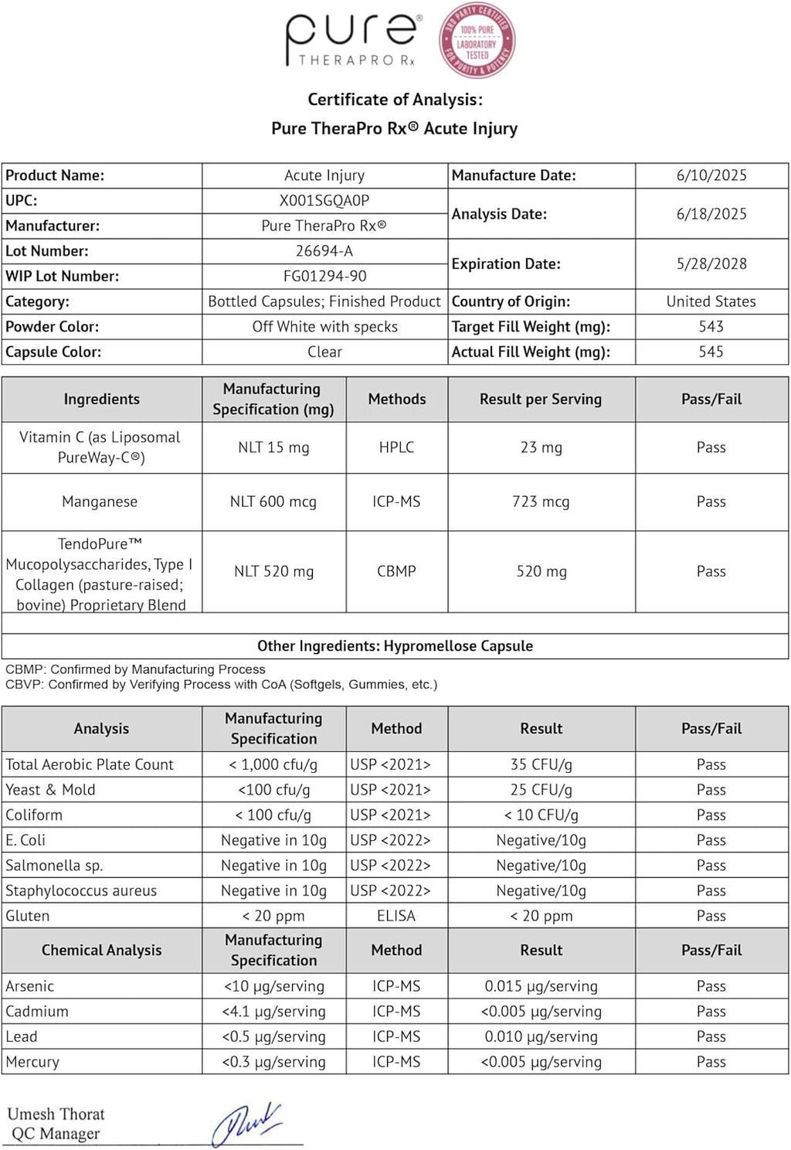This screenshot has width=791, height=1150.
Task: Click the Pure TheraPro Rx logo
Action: (x=351, y=40)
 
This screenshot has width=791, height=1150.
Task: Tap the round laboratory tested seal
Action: (x=477, y=42)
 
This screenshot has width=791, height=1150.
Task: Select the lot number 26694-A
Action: (x=324, y=251)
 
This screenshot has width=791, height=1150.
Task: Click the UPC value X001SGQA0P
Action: (x=324, y=201)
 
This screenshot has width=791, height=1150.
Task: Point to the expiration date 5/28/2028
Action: (x=711, y=264)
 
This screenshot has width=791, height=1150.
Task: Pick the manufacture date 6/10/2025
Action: (x=711, y=175)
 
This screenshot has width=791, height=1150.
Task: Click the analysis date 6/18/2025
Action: (x=711, y=214)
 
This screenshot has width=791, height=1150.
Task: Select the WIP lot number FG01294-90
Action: (x=324, y=276)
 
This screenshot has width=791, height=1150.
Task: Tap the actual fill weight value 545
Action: (x=711, y=352)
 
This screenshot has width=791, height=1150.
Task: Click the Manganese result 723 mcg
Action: (x=541, y=502)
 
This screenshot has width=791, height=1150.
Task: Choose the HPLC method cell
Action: (x=396, y=447)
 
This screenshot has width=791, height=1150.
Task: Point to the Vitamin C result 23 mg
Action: (x=541, y=447)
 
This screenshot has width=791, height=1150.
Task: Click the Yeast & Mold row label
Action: (x=51, y=790)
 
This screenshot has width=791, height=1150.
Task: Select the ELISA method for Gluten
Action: (x=396, y=916)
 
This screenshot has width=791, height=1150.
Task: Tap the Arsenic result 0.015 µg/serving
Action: (x=541, y=986)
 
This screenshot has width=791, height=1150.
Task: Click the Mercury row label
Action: (x=32, y=1062)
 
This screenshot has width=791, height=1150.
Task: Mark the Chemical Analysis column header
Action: (x=101, y=950)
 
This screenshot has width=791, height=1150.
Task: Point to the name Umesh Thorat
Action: (x=56, y=1114)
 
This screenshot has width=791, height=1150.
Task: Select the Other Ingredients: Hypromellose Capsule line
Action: (x=395, y=646)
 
